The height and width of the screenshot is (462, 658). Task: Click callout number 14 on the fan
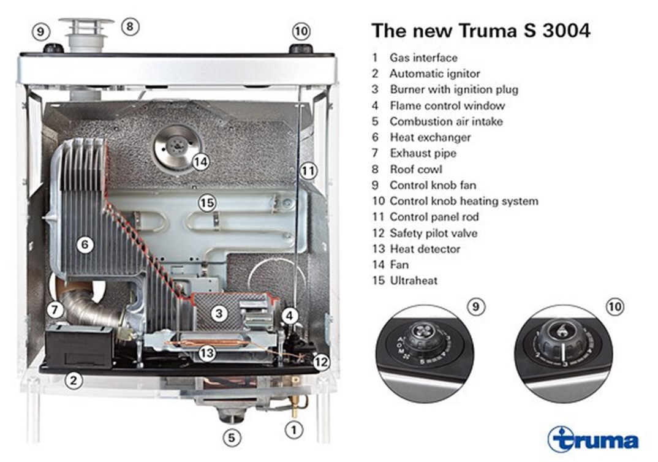click(x=201, y=162)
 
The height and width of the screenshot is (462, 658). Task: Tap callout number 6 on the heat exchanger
click(x=85, y=244)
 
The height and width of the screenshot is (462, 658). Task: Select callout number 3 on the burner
click(x=219, y=313)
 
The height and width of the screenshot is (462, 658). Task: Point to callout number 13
click(x=206, y=353)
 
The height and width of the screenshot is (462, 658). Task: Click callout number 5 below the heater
click(x=232, y=438)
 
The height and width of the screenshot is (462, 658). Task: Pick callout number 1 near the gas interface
click(x=293, y=430)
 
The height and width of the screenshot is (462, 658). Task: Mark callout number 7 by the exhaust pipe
click(x=55, y=311)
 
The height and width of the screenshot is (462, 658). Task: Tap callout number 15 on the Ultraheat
click(x=207, y=203)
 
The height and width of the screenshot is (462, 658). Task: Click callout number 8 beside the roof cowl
click(x=130, y=26)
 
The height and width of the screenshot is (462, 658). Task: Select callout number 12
click(x=321, y=362)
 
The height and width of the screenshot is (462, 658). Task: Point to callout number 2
click(x=74, y=381)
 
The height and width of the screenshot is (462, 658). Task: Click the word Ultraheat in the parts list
click(x=414, y=280)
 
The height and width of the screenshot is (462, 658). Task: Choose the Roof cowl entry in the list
click(x=416, y=169)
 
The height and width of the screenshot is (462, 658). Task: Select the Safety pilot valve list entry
click(x=434, y=233)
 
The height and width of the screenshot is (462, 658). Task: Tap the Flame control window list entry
click(x=447, y=105)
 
